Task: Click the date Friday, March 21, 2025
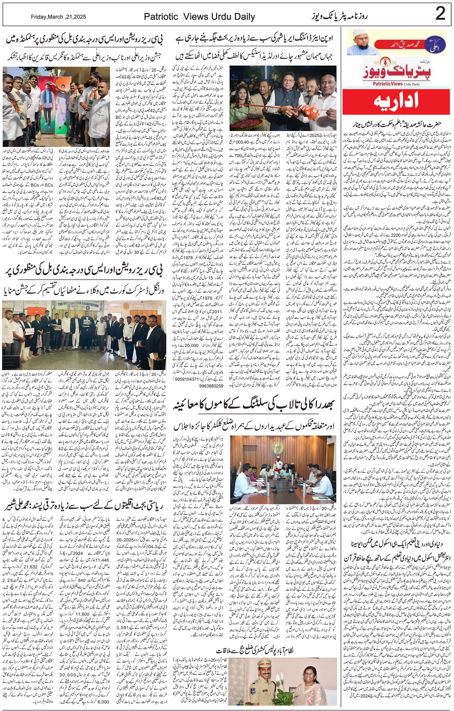58,17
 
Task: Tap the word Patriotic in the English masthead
161,17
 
